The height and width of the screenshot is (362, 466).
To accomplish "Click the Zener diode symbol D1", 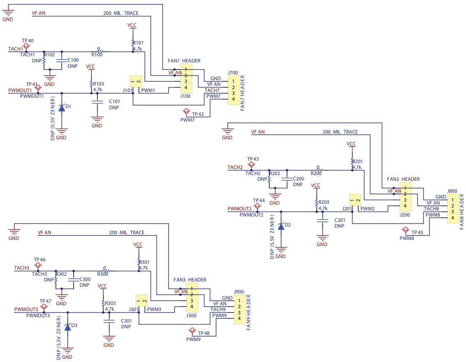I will pos(62,108).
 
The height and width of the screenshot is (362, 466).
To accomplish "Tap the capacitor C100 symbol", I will pos(62,61).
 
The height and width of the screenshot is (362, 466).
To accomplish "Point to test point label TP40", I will pos(28,41).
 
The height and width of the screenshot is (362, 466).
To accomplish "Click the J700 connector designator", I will pos(233,73).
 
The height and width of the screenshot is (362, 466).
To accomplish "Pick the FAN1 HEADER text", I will pos(184,61).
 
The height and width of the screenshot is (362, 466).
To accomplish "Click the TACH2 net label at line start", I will pos(235,167).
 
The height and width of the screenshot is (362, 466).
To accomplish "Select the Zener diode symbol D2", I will pos(281,226).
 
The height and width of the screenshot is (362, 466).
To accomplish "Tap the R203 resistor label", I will pos(324,202).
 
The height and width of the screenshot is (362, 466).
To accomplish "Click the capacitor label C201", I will pos(340,220).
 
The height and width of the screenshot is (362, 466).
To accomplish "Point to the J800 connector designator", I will pos(452,191).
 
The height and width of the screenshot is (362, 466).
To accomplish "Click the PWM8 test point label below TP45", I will pos(407,238).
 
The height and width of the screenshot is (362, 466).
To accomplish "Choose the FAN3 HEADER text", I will pos(189,280).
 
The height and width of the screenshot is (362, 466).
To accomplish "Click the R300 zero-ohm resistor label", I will pos(103,274).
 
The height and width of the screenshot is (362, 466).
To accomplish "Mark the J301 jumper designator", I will pos(133,309).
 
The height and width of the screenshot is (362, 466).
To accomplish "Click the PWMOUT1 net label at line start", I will pos(20,90).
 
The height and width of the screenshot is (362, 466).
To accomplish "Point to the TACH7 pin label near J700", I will pos(212,90).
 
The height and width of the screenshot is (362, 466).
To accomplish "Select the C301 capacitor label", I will pos(126,320).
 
